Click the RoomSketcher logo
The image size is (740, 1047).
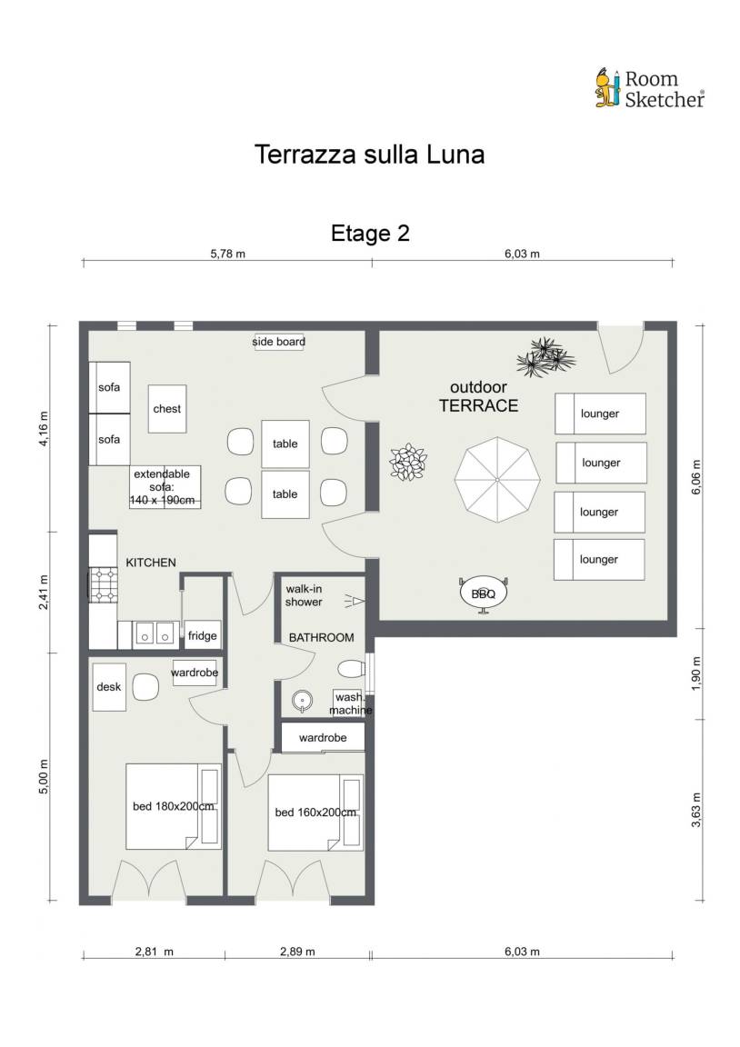(649, 88)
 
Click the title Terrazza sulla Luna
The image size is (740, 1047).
(369, 155)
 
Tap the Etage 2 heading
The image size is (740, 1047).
(370, 233)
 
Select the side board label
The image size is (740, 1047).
(278, 342)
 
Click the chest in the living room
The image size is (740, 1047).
(167, 409)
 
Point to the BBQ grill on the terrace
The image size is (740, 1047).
(484, 593)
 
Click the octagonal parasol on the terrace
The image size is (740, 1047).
(497, 480)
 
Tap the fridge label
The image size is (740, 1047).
(203, 635)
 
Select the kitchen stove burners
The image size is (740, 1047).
(104, 585)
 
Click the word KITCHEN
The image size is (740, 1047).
(151, 563)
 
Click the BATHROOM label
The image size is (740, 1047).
(321, 638)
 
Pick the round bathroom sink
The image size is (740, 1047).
(302, 701)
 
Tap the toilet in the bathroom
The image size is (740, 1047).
(352, 668)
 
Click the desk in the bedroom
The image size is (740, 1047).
(109, 687)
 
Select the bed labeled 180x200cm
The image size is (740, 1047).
(174, 807)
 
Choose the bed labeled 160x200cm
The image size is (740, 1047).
(315, 812)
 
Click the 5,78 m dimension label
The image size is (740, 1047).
(228, 254)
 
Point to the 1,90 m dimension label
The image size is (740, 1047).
(696, 673)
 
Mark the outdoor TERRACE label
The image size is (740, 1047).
(478, 396)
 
